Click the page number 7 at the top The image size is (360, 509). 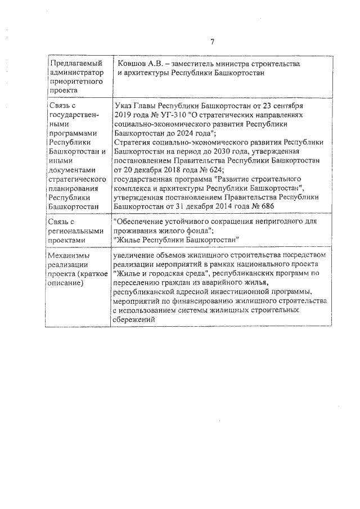pos(213,42)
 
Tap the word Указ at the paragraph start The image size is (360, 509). pos(123,106)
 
